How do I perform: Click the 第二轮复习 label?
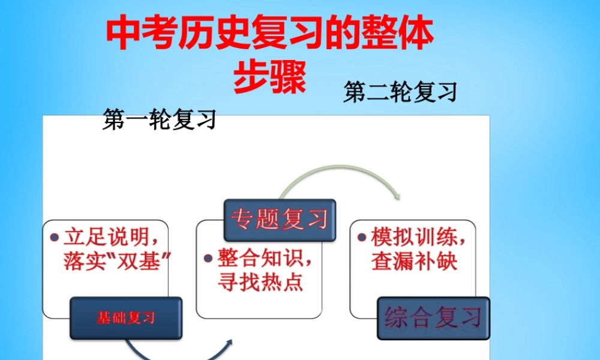(400, 92)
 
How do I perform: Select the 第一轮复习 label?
(159, 119)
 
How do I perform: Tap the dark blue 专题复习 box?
(280, 220)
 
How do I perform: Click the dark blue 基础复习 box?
(126, 318)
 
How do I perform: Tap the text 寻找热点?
(260, 282)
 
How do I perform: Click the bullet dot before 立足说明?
(54, 236)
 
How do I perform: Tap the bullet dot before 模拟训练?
(362, 236)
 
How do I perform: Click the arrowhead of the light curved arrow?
(395, 196)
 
